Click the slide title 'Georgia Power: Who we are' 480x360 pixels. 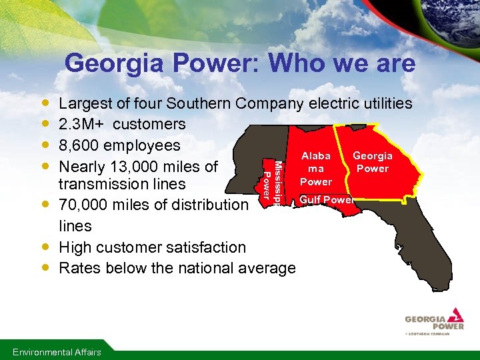[x=240, y=64]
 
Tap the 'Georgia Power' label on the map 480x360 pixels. [x=373, y=162]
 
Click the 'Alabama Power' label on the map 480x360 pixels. [x=316, y=168]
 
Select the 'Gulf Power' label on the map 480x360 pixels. [x=326, y=200]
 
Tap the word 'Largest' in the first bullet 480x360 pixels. [x=83, y=103]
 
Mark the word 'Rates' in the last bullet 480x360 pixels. [x=77, y=268]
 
